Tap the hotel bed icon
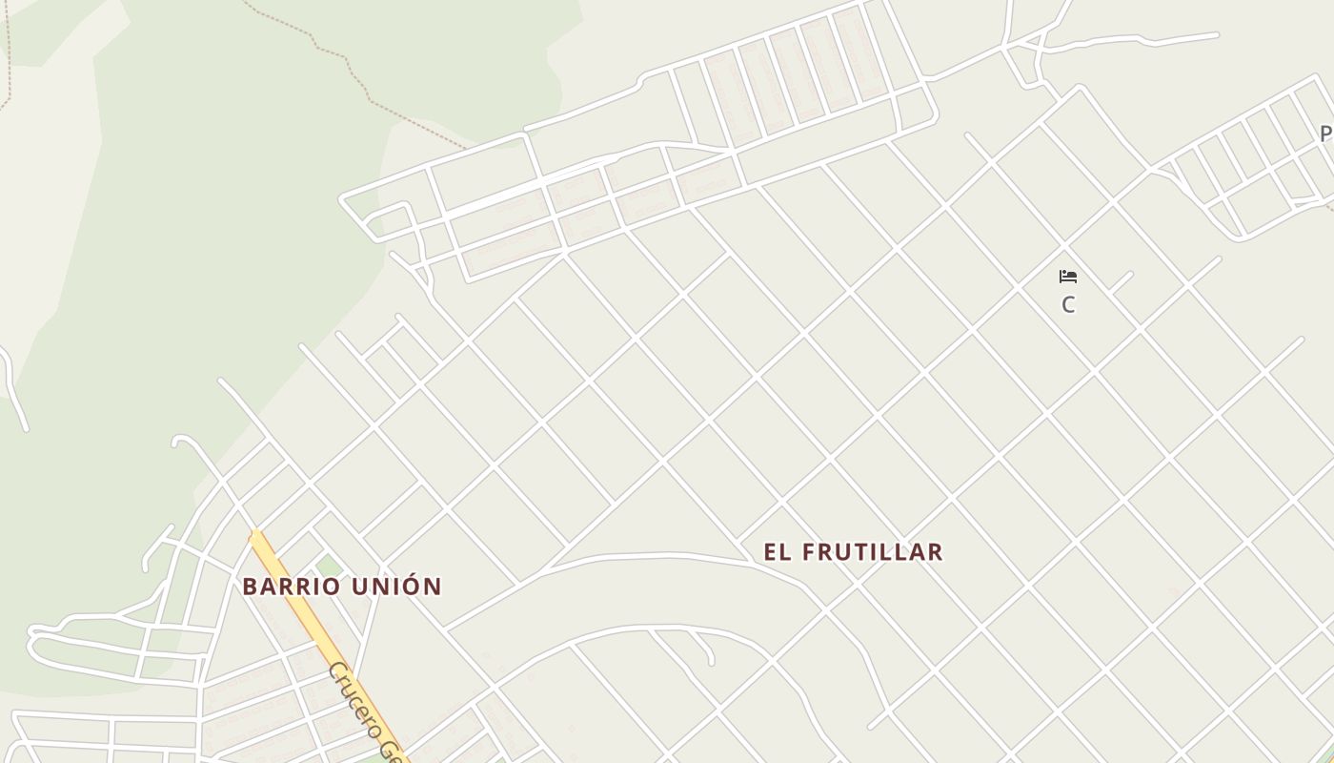click(1068, 277)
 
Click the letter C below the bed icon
click(1068, 305)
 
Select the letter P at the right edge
click(1325, 134)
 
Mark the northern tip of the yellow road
click(254, 536)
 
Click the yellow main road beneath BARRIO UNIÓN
click(307, 620)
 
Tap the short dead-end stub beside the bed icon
click(1121, 282)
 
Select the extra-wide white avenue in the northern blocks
click(495, 196)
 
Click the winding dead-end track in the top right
click(1134, 39)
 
